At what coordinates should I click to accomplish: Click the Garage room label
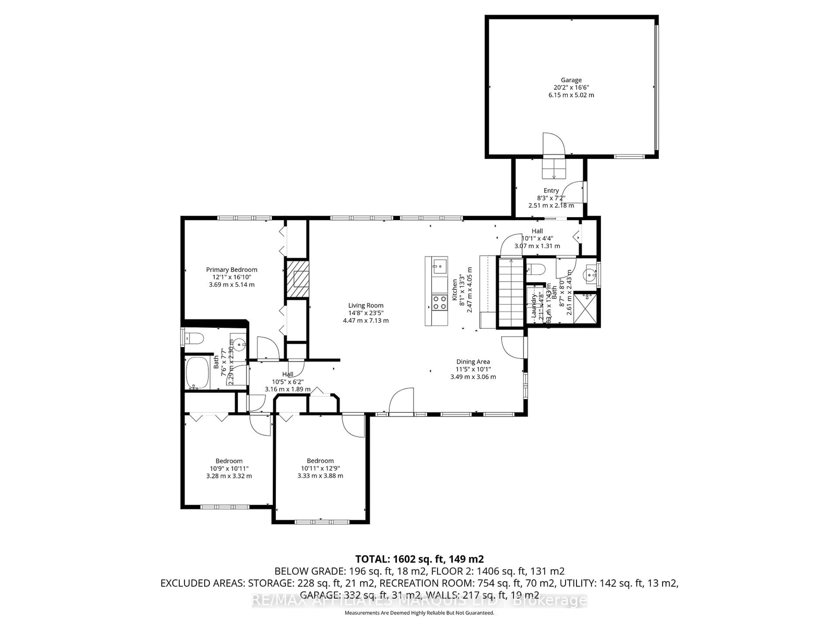[x=571, y=80]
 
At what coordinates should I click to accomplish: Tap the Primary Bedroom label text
[x=231, y=270]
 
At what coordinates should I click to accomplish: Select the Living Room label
[x=366, y=305]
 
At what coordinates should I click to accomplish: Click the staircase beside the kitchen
[x=511, y=292]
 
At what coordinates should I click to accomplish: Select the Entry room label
[x=551, y=191]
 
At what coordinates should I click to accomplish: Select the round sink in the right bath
[x=589, y=273]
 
